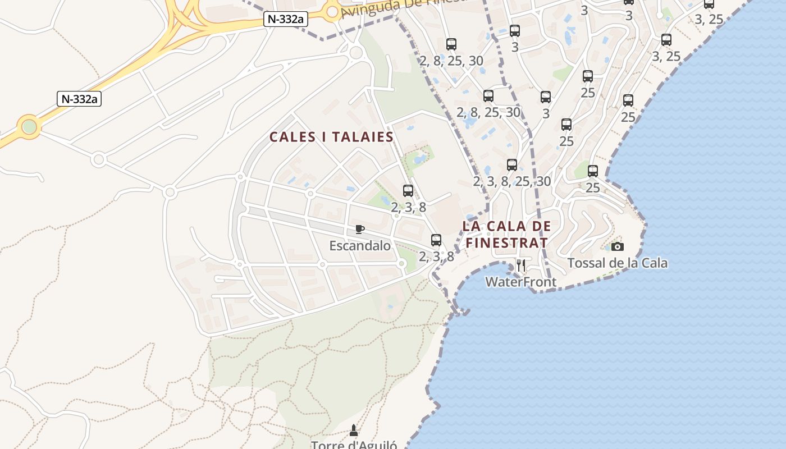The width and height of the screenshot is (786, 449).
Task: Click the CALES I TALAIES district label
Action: (x=331, y=137)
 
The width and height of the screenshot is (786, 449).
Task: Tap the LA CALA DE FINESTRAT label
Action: (x=506, y=235)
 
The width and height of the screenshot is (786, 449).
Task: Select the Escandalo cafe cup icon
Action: (x=360, y=229)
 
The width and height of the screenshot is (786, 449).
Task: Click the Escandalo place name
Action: (x=360, y=245)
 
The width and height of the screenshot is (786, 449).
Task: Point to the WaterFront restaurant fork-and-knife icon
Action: (x=521, y=265)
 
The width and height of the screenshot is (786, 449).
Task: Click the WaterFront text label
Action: (x=520, y=282)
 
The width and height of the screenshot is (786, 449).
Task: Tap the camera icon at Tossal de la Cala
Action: (x=617, y=246)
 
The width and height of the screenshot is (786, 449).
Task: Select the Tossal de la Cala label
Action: (x=617, y=263)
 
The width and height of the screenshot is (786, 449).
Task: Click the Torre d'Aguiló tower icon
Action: (x=354, y=430)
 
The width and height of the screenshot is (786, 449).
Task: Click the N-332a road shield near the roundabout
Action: (x=79, y=99)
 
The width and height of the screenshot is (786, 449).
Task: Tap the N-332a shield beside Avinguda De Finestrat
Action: (x=286, y=19)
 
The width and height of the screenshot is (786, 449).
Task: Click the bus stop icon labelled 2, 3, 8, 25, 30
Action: (x=512, y=165)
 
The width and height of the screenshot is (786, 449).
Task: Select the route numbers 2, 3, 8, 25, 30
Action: (x=512, y=181)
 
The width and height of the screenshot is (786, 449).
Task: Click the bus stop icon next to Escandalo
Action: (x=436, y=240)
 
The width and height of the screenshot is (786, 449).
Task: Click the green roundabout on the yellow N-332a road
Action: (x=29, y=127)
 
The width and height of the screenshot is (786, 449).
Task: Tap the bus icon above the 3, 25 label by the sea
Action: (x=666, y=40)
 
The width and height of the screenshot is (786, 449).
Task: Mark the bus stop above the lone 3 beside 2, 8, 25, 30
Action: (x=546, y=97)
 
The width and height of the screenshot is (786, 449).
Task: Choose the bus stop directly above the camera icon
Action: (x=593, y=171)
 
